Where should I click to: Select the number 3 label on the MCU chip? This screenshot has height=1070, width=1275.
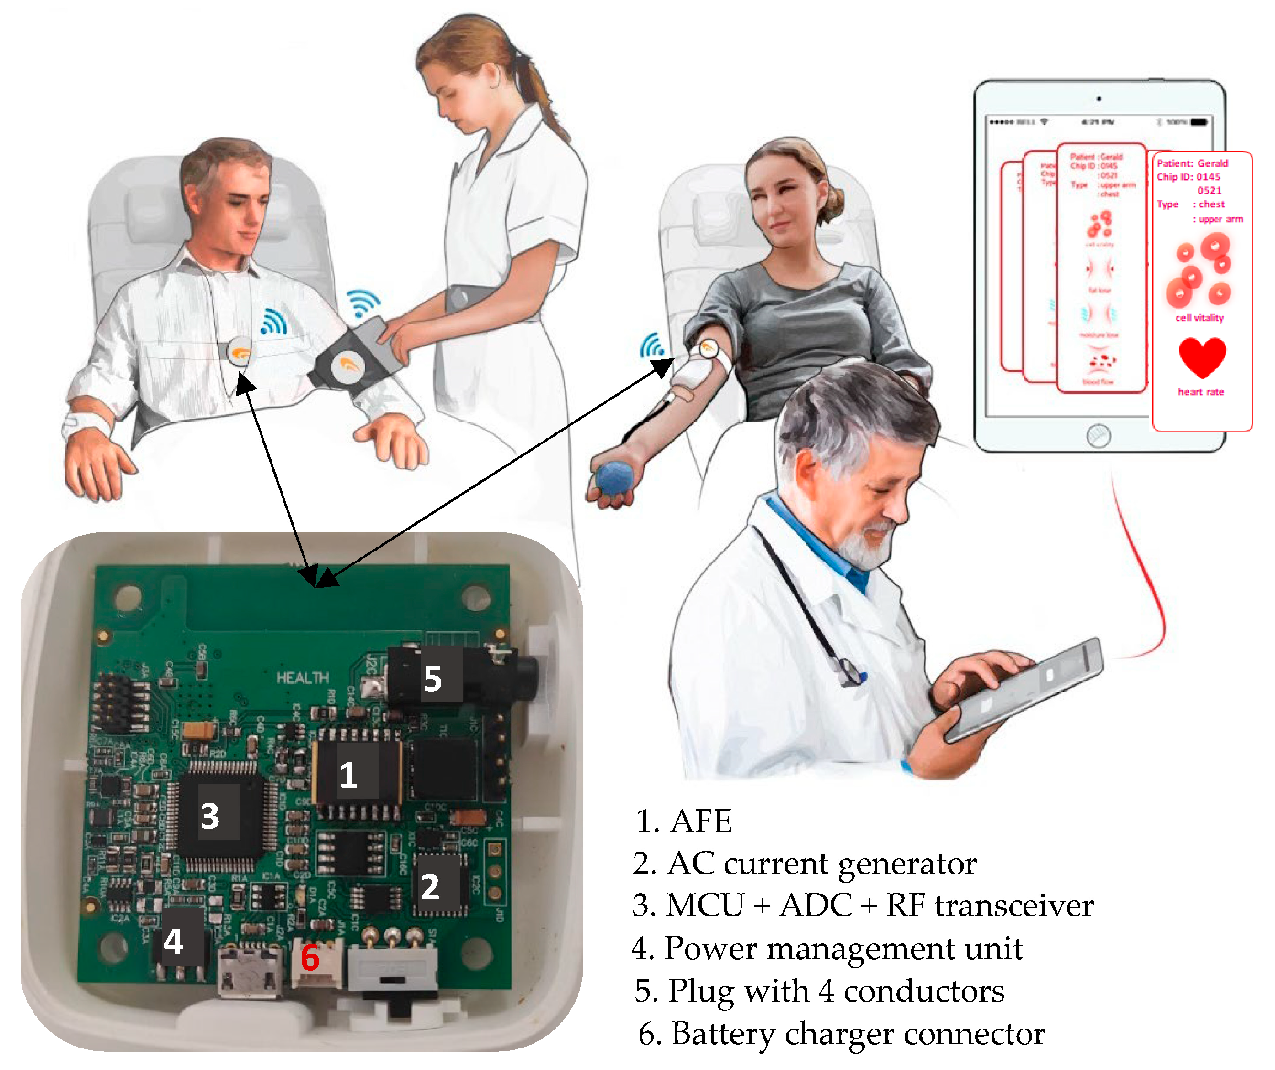tap(210, 816)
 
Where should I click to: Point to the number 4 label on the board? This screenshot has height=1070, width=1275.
tap(174, 941)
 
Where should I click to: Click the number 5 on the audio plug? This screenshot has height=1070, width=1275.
tap(432, 679)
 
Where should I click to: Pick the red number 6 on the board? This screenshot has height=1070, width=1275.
tap(310, 958)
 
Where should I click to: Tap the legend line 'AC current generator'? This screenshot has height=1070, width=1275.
tap(805, 864)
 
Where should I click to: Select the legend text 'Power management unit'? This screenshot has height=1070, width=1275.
tap(827, 949)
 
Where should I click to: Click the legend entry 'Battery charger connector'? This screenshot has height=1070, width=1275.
tap(841, 1034)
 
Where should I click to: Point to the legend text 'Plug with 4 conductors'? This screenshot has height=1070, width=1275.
tap(819, 991)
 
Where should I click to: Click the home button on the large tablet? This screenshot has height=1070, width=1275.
tap(1098, 435)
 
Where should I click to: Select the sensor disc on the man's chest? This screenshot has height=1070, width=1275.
tap(239, 351)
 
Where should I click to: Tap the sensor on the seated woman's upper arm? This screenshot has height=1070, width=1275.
tap(708, 349)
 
